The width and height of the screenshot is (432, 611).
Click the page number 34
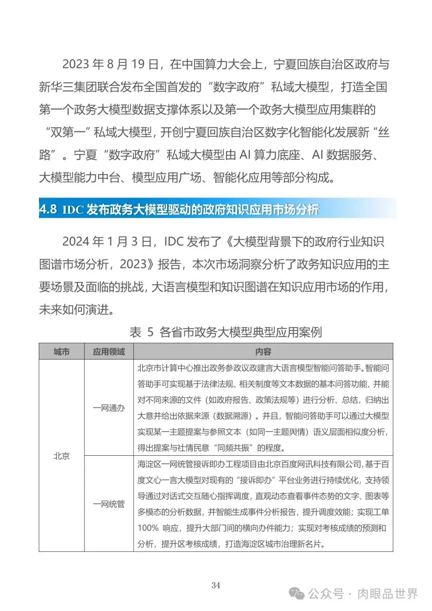tap(216, 585)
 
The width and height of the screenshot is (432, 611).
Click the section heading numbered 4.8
tap(179, 209)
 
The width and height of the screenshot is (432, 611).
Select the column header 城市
tap(62, 352)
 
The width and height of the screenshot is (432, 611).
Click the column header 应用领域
tap(109, 352)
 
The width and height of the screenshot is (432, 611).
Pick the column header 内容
tap(263, 352)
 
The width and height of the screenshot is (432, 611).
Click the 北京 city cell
tap(62, 456)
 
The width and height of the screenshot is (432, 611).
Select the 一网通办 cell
tap(109, 408)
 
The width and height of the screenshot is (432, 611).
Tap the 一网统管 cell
tap(109, 504)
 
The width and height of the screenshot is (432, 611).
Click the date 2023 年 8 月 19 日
tap(110, 64)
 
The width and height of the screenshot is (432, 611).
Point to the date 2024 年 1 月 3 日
tap(107, 242)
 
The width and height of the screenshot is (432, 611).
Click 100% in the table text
tap(148, 528)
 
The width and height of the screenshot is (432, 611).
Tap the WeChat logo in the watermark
tap(297, 593)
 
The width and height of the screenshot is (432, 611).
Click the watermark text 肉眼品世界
tap(387, 594)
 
